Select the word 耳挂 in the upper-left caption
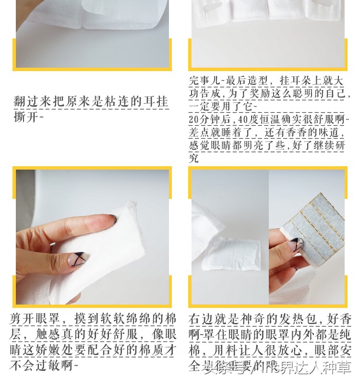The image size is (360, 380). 156,102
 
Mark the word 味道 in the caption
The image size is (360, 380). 332,132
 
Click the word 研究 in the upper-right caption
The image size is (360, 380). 338,146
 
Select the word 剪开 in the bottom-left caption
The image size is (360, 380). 22,319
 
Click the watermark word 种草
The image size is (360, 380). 338,368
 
